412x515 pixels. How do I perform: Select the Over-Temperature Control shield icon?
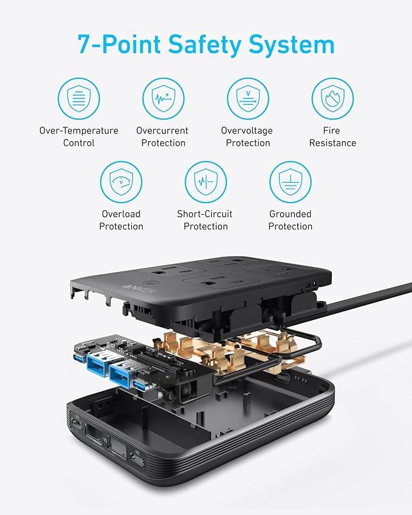(79, 98)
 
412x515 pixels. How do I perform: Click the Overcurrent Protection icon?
(163, 98)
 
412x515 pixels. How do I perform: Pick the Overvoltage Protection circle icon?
(248, 98)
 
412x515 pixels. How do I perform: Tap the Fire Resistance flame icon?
(333, 98)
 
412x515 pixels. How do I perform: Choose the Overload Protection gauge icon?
(121, 182)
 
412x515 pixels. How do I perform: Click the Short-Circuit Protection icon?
(206, 182)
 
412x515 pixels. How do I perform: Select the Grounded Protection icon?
(290, 182)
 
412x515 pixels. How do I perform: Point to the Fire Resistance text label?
(333, 136)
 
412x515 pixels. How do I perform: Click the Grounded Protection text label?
(290, 220)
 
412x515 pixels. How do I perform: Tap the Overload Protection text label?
(121, 220)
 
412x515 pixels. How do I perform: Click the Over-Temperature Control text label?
(79, 136)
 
